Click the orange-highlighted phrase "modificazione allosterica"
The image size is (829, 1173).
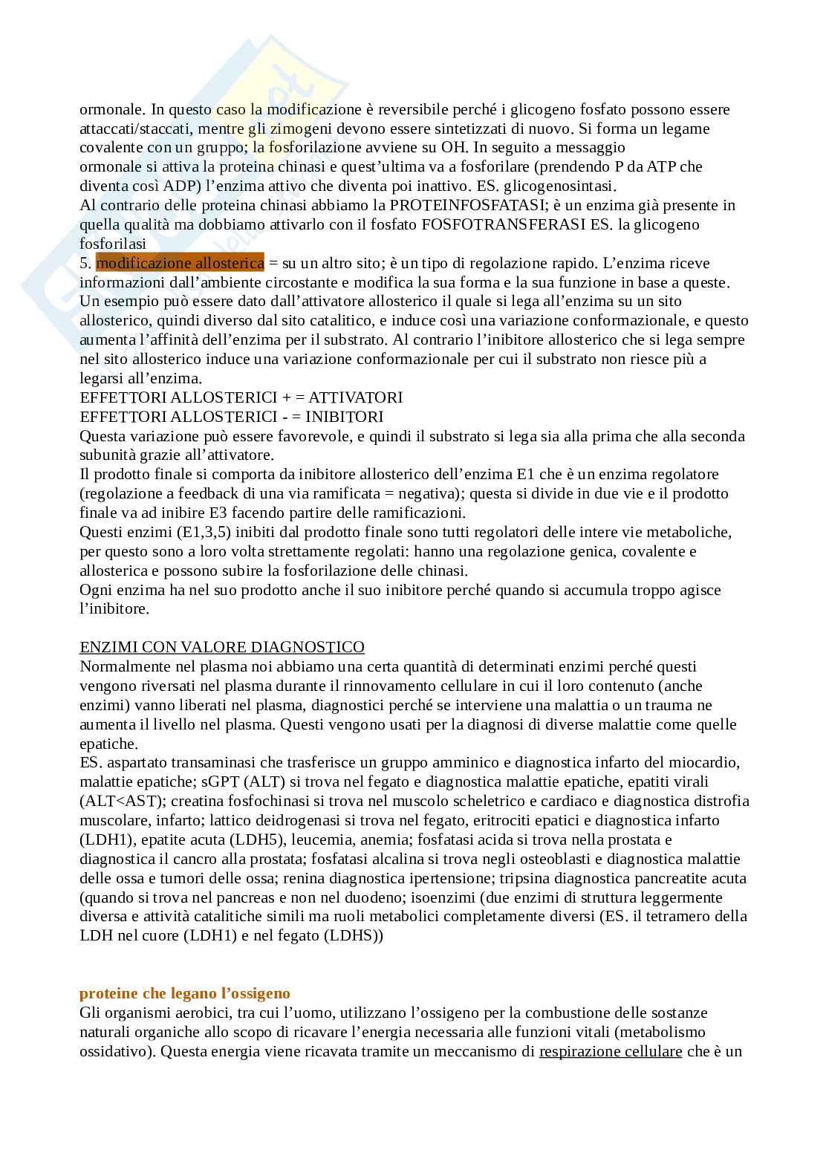[180, 263]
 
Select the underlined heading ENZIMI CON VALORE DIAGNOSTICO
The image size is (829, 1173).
[222, 647]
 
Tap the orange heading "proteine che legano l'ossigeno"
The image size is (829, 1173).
[185, 993]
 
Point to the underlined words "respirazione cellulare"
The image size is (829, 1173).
[611, 1051]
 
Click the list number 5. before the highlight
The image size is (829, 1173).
[85, 263]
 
